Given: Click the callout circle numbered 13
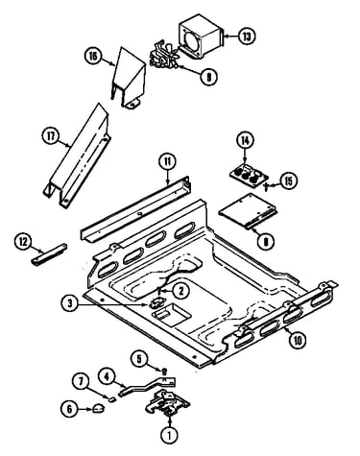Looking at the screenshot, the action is pos(247,36).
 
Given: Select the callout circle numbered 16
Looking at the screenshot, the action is pos(93,57).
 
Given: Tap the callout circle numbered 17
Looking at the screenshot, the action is pos(51,136).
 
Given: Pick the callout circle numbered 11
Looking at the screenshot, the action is pos(168,162).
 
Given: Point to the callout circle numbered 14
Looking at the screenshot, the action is pos(245,141).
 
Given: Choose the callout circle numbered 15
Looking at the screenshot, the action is pos(289,181).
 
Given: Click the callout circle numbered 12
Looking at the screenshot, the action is pos(23,242).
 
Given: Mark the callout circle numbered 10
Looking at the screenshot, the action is pos(298,341).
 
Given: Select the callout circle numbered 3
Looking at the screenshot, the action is pos(70,303).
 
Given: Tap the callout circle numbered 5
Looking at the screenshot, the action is pos(139,359).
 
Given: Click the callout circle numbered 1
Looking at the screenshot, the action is pos(170,435).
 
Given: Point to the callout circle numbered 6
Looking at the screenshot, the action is pos(69,409).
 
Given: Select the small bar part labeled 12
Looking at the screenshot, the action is pos(49,254).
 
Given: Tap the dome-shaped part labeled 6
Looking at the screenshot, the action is pos(99,408).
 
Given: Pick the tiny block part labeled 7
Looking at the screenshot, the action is pos(112,399).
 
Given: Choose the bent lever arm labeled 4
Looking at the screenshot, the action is pos(147,386).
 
